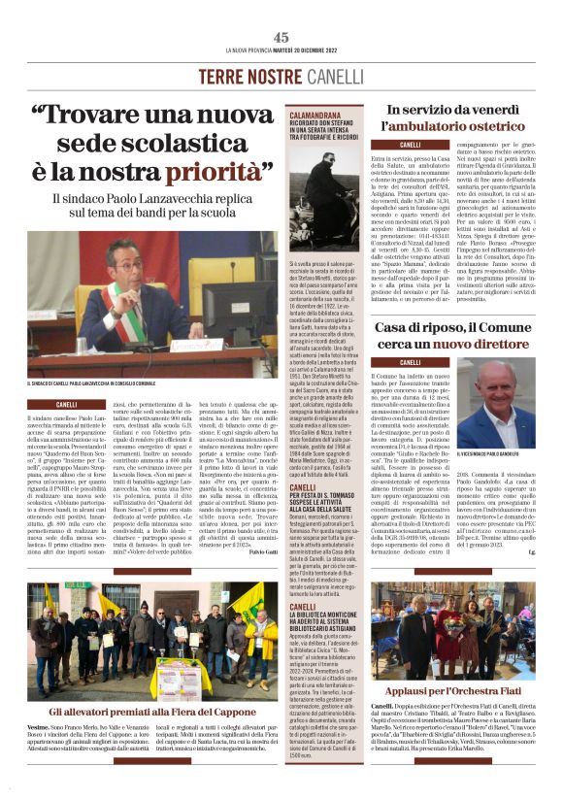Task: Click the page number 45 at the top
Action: (x=281, y=36)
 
